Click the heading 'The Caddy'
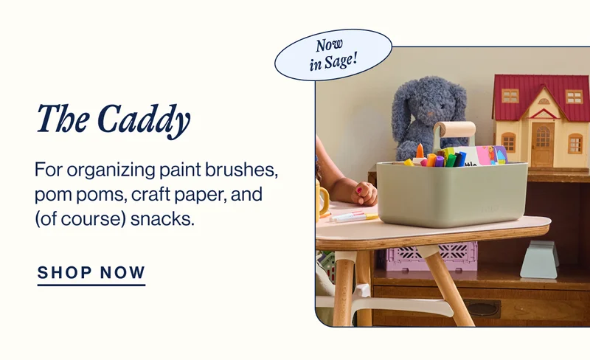tap(114, 120)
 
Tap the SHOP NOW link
tap(91, 272)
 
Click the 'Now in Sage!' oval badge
tap(333, 55)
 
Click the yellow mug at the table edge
tap(323, 200)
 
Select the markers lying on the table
tap(353, 217)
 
